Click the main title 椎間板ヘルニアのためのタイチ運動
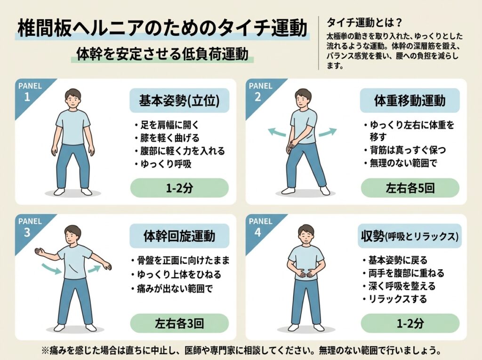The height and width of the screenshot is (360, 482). coord(162,28)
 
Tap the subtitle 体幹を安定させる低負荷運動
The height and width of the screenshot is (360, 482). coord(162,54)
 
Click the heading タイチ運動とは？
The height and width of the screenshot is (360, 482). coord(364,23)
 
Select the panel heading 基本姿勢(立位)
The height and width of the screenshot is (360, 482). coord(179,101)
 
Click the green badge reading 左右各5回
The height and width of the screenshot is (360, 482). coord(410,188)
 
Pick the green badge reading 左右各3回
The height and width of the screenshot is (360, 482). coord(179,323)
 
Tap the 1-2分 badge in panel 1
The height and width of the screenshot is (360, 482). coord(179,188)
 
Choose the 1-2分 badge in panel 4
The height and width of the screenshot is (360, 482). coord(410,323)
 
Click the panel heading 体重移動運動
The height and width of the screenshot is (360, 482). coord(410,101)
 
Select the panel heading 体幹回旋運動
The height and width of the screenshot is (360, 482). coord(179,236)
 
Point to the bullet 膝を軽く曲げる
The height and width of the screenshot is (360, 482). coord(167,138)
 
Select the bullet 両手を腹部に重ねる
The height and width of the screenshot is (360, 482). coord(403,273)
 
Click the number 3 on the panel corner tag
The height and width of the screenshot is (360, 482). coord(27,232)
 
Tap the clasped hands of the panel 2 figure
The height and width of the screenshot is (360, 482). coord(294,143)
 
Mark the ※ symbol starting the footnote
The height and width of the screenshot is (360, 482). coord(45,351)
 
